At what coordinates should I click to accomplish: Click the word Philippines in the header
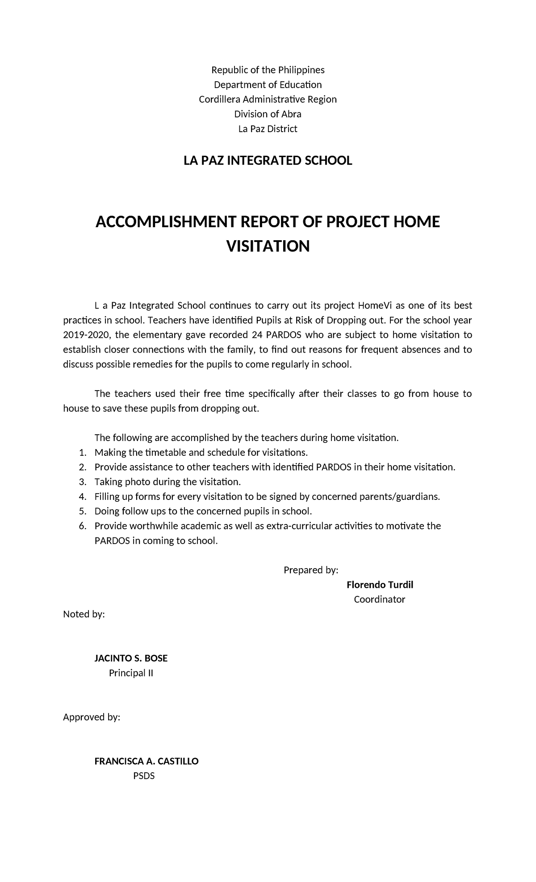301,70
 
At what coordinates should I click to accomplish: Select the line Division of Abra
268,114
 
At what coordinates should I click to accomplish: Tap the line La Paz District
268,129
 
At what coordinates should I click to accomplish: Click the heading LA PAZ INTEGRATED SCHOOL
268,161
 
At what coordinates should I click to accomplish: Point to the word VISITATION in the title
268,246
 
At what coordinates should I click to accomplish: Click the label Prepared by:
311,570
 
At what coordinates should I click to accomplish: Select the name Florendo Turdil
380,585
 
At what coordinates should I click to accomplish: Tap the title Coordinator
379,600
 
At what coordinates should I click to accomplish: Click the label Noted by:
84,615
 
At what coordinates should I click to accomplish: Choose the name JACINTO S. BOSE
131,659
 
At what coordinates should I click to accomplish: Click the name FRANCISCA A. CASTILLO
147,762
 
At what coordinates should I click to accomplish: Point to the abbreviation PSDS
143,777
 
